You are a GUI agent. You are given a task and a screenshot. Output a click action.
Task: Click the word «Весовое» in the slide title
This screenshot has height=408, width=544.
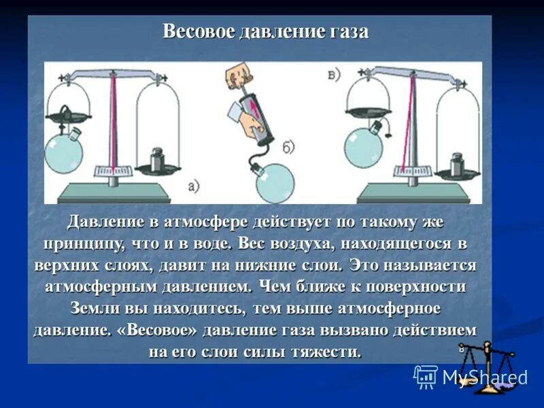pyautogui.click(x=197, y=32)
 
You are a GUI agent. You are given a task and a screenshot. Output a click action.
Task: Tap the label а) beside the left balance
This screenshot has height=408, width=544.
pyautogui.click(x=193, y=186)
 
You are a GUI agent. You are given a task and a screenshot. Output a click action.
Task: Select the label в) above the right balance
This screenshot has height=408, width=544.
pyautogui.click(x=333, y=74)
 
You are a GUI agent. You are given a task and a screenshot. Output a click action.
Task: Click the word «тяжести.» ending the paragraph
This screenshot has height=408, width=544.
pyautogui.click(x=326, y=352)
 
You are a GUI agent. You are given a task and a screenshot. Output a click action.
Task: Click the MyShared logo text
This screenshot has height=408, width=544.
pyautogui.click(x=484, y=377)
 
